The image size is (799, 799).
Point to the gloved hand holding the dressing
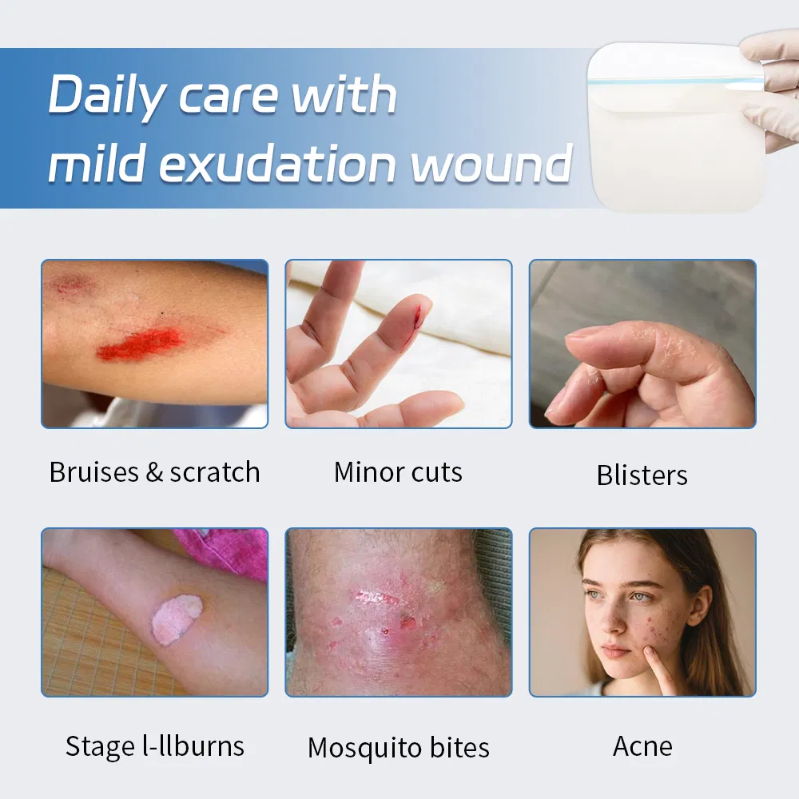pyautogui.click(x=771, y=88)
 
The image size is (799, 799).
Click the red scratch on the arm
pyautogui.click(x=140, y=344)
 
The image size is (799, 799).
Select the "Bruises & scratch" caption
pyautogui.click(x=154, y=472)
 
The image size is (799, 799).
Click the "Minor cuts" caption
pyautogui.click(x=398, y=472)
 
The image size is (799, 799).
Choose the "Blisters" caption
pyautogui.click(x=642, y=475)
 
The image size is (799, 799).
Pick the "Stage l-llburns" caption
pyautogui.click(x=154, y=746)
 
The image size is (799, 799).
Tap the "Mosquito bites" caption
pyautogui.click(x=398, y=749)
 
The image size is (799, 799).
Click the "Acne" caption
pyautogui.click(x=642, y=746)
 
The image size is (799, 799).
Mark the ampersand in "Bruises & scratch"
pyautogui.click(x=154, y=472)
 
